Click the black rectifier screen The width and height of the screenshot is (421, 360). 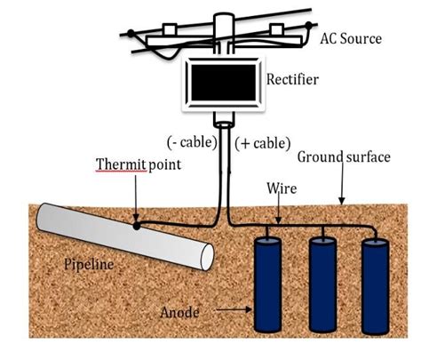(x=224, y=83)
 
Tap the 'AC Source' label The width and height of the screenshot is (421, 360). (x=351, y=39)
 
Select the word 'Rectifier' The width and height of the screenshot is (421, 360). (x=292, y=79)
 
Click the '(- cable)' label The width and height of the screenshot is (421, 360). (x=192, y=142)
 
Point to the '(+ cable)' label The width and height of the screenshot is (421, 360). (x=263, y=143)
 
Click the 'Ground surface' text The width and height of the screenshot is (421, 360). (x=344, y=156)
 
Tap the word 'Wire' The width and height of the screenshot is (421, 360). (x=282, y=188)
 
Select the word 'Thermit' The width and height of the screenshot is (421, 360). (x=121, y=164)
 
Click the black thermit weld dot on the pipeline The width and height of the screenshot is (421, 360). (x=136, y=226)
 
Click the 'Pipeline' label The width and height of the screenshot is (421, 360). (x=89, y=264)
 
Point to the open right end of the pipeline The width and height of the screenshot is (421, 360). (x=207, y=257)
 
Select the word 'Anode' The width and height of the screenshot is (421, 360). (x=179, y=313)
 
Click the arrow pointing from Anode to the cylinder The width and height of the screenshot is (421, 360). (x=234, y=310)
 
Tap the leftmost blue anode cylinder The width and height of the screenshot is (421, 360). (x=267, y=284)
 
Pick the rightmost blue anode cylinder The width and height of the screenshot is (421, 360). (x=376, y=286)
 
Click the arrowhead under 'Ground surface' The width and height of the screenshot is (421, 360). (x=342, y=201)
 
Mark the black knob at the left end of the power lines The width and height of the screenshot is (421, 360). (x=131, y=33)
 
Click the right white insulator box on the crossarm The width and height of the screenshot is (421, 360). (x=277, y=30)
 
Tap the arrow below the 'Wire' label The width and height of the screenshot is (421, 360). (x=278, y=209)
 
